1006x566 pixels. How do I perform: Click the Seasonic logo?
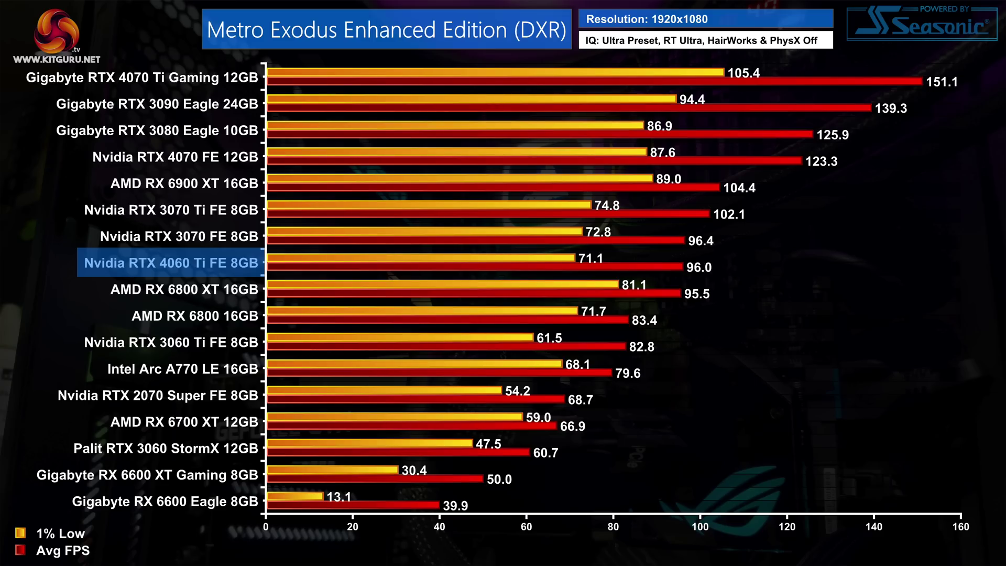(922, 24)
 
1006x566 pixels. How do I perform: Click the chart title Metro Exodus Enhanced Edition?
(387, 30)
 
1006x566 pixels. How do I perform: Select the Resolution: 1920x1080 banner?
(705, 19)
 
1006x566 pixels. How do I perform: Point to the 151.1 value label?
(942, 82)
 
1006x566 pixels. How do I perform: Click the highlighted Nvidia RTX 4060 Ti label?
(171, 263)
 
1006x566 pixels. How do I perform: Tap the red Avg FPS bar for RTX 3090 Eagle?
(568, 108)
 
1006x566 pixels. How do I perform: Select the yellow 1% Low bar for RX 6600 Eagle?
(295, 496)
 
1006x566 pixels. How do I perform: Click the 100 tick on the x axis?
(700, 527)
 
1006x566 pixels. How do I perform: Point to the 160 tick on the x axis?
(960, 527)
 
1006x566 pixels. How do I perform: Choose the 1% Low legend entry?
(50, 534)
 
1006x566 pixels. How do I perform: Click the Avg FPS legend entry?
(52, 550)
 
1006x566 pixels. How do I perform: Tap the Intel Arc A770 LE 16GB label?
(182, 369)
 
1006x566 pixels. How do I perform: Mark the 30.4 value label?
(414, 470)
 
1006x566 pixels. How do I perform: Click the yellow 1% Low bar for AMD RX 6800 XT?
(443, 284)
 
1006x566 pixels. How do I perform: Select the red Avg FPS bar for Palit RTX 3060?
(398, 452)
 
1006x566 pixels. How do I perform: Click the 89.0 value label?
(669, 179)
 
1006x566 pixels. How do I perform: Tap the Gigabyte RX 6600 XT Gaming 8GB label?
(147, 475)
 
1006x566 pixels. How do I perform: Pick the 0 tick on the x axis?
(266, 527)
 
